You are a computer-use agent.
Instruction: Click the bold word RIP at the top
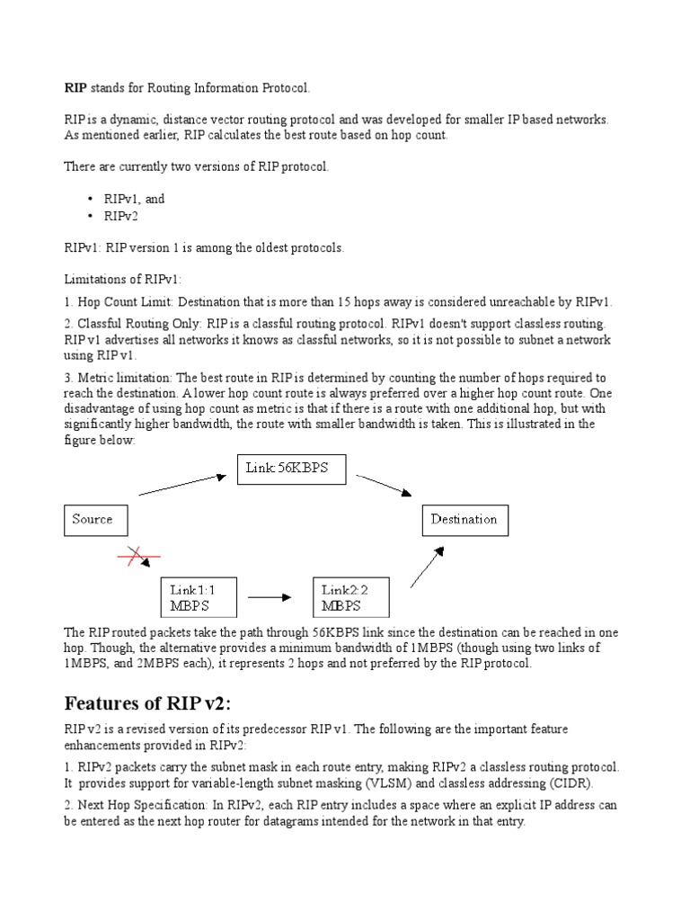pos(75,87)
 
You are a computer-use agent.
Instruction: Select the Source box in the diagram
pos(94,520)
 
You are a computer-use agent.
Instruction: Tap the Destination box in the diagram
pos(464,520)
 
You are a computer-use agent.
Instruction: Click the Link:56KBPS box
pos(291,470)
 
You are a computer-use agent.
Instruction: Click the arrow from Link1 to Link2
pos(270,595)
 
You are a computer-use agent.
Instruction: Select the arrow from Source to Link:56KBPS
pos(182,485)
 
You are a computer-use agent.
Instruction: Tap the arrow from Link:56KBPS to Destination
pos(384,485)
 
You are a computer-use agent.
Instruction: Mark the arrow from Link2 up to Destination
pos(427,567)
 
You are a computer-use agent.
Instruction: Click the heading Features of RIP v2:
pos(152,702)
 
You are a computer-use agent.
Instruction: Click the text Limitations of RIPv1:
pos(122,280)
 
